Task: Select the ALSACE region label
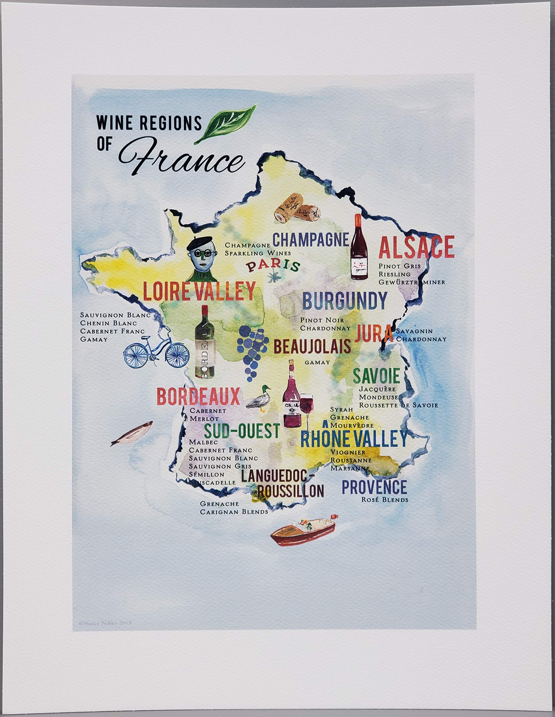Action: point(416,247)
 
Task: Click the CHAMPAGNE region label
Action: point(310,240)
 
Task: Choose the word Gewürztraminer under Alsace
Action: point(412,282)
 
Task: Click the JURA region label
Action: point(374,334)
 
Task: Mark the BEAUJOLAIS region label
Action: point(312,347)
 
